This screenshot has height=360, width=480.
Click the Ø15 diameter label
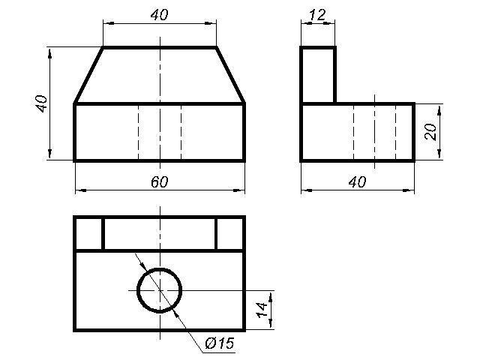(x=220, y=343)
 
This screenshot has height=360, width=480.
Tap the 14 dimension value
(x=262, y=310)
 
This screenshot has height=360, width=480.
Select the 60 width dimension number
(x=160, y=181)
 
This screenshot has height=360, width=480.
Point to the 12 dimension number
(x=318, y=15)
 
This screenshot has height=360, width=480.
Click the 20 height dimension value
(x=430, y=132)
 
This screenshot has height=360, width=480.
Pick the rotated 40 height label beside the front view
(x=41, y=103)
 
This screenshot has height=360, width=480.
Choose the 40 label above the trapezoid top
(x=160, y=15)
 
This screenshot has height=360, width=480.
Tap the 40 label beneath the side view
(x=357, y=182)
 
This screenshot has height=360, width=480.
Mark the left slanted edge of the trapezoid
(x=88, y=75)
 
